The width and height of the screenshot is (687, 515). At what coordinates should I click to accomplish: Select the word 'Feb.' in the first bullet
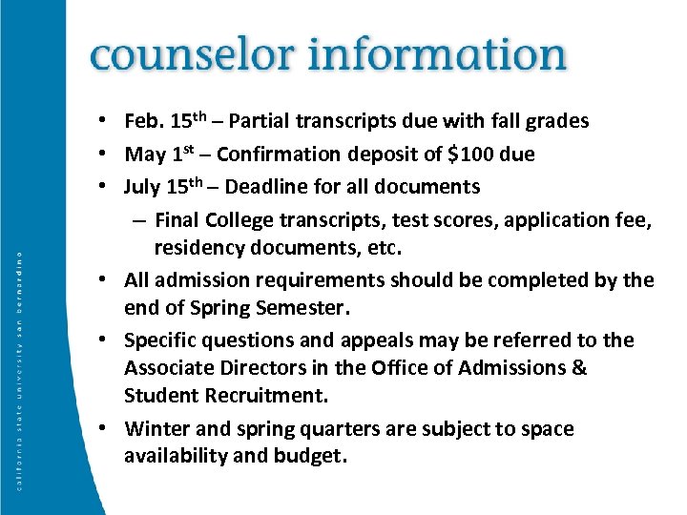pyautogui.click(x=144, y=122)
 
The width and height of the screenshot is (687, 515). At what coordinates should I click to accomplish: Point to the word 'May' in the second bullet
pyautogui.click(x=144, y=154)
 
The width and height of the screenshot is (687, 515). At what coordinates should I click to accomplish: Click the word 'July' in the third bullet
pyautogui.click(x=144, y=186)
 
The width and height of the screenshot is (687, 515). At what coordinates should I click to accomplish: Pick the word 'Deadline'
pyautogui.click(x=296, y=186)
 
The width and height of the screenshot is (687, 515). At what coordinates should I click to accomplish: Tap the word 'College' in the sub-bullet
pyautogui.click(x=238, y=221)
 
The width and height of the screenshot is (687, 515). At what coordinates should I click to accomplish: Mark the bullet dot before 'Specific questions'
pyautogui.click(x=112, y=340)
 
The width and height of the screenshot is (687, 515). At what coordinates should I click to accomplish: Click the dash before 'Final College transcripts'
pyautogui.click(x=139, y=221)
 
